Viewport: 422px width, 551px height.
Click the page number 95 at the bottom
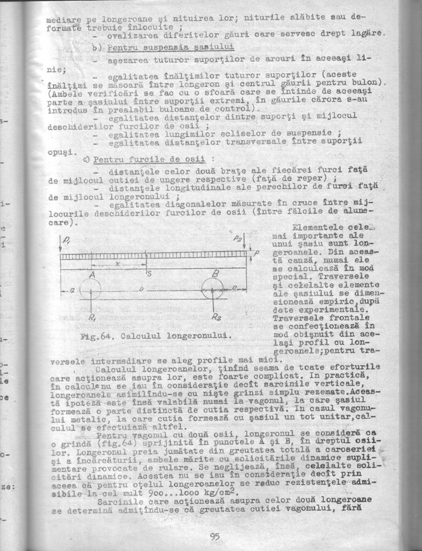pos(215,537)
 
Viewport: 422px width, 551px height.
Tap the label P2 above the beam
pos(238,238)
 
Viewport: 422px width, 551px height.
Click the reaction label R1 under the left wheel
pos(92,317)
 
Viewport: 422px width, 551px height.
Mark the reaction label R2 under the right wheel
pos(216,317)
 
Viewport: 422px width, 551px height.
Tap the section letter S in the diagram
pos(149,274)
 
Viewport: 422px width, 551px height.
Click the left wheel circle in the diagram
pos(90,289)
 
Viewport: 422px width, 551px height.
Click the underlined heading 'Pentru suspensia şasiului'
pos(171,48)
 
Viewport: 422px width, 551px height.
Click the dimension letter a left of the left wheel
pos(73,290)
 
